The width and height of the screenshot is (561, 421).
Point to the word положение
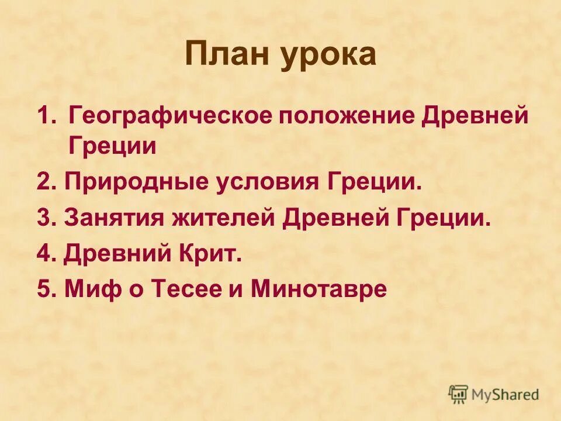[x=334, y=116]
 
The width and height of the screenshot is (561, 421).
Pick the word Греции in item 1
[x=112, y=146]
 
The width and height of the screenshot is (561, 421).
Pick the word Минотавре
[x=318, y=289]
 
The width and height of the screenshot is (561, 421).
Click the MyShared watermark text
[x=505, y=395]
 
